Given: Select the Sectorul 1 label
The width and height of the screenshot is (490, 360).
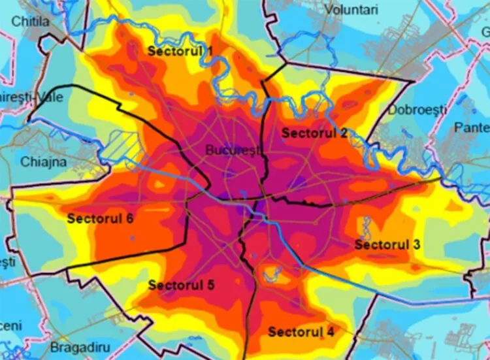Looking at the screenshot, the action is (x=180, y=51).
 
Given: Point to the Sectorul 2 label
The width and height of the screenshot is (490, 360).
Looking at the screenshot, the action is (x=315, y=133).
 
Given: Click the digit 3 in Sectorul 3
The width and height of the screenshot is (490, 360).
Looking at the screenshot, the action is (x=416, y=244).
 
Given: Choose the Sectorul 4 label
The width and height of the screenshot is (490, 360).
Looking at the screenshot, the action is (x=301, y=332).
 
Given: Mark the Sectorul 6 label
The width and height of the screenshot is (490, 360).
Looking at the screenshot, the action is (x=100, y=218).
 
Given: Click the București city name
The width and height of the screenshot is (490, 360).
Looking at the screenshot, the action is (x=233, y=150).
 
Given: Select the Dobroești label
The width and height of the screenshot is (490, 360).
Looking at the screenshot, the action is (x=417, y=109).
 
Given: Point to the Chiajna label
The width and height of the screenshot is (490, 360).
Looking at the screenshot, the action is (x=44, y=161).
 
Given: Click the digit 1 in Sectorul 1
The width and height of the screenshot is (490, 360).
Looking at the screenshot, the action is (x=209, y=51).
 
